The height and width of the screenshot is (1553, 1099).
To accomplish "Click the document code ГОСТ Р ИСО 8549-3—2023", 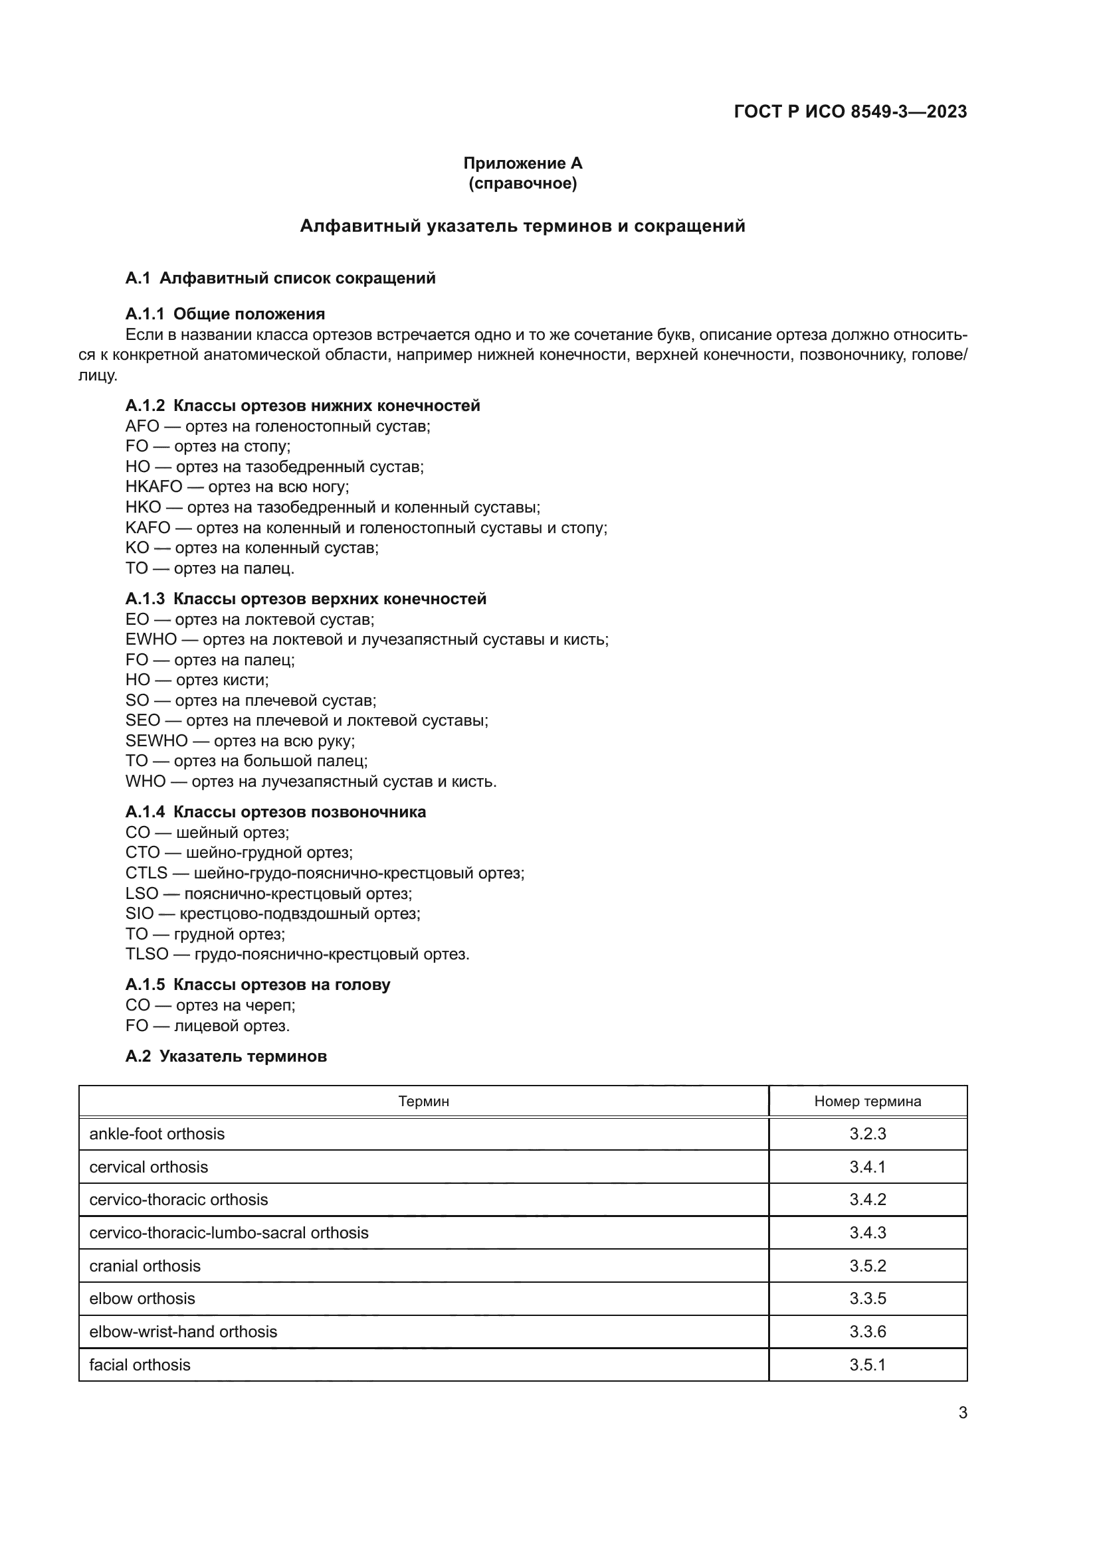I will pos(850,112).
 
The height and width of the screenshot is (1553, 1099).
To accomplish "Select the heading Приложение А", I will pos(522,163).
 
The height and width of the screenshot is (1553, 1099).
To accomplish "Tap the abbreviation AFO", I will pos(142,426).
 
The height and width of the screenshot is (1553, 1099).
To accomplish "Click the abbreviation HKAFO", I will pos(153,487).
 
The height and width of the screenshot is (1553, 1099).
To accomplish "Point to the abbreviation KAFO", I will pos(148,528).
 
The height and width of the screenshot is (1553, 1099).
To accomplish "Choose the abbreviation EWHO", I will pos(151,639).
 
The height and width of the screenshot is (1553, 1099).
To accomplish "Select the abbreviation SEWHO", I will pos(156,741).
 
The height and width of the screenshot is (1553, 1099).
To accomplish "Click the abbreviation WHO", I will pos(146,781).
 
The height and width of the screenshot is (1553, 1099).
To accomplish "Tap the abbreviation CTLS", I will pos(146,872).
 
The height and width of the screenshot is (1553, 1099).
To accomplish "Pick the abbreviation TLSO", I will pos(147,953).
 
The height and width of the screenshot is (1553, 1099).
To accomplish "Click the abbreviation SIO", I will pos(140,913).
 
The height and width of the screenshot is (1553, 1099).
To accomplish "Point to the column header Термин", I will pos(424,1101).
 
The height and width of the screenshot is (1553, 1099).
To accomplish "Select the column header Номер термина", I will pos(868,1101).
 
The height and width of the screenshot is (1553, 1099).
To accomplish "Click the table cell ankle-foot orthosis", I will pos(157,1133).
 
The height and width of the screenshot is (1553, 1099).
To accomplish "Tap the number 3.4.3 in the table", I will pos(868,1232).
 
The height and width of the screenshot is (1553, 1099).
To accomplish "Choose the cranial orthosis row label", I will pos(145,1266).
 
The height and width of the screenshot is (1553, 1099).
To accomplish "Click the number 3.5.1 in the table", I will pos(868,1364).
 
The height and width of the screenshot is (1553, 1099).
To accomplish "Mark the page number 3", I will pos(962,1412).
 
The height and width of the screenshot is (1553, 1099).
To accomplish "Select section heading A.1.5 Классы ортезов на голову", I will pos(258,984).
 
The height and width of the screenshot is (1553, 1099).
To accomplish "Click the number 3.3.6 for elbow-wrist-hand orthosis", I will pos(868,1331).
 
